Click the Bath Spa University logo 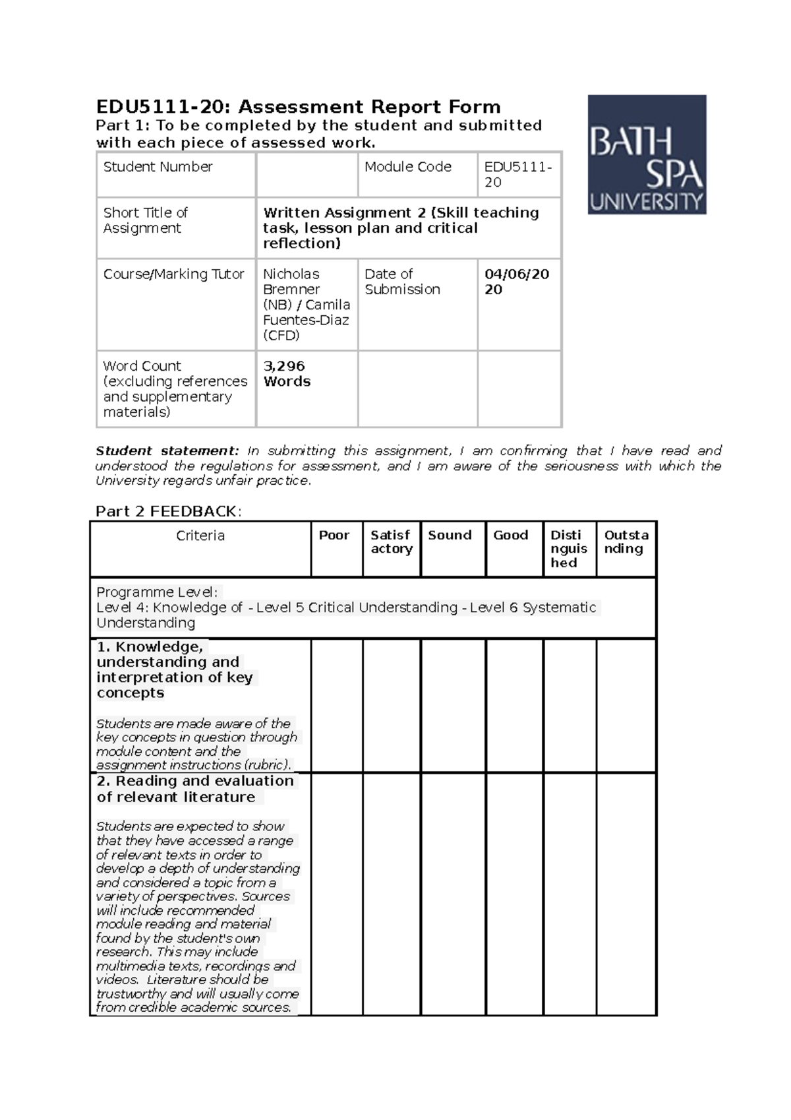pyautogui.click(x=647, y=154)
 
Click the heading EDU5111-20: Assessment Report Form pyautogui.click(x=298, y=107)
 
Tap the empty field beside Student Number pyautogui.click(x=307, y=174)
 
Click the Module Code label pyautogui.click(x=408, y=167)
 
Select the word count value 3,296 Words pyautogui.click(x=287, y=373)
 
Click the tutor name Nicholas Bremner pyautogui.click(x=291, y=282)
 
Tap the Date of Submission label pyautogui.click(x=402, y=282)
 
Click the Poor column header pyautogui.click(x=334, y=535)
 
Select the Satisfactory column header pyautogui.click(x=391, y=542)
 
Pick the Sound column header pyautogui.click(x=450, y=535)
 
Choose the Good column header pyautogui.click(x=511, y=535)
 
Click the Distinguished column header pyautogui.click(x=568, y=548)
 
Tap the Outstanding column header pyautogui.click(x=626, y=542)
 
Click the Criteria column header pyautogui.click(x=200, y=536)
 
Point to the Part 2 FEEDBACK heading pyautogui.click(x=169, y=511)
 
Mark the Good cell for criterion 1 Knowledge pyautogui.click(x=514, y=705)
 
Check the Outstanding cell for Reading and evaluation pyautogui.click(x=626, y=894)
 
